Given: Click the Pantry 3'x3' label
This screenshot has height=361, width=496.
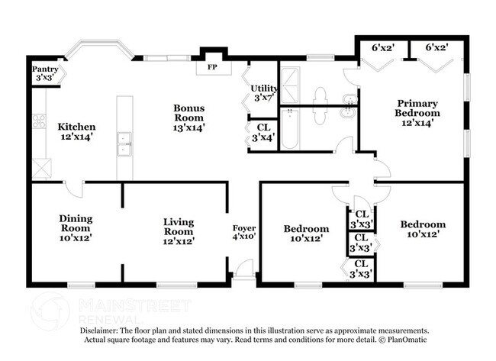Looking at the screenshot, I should (43, 73).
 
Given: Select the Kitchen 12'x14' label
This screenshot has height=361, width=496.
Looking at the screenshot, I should (76, 132).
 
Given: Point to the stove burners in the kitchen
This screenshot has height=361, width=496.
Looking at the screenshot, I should (39, 121).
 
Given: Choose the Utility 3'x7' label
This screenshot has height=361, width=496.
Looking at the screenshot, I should (263, 93).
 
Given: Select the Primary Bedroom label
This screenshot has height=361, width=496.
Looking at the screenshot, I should (417, 113).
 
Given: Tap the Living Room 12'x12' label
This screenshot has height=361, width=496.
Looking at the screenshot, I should (178, 231).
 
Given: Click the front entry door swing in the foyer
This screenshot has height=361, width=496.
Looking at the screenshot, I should (243, 269).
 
